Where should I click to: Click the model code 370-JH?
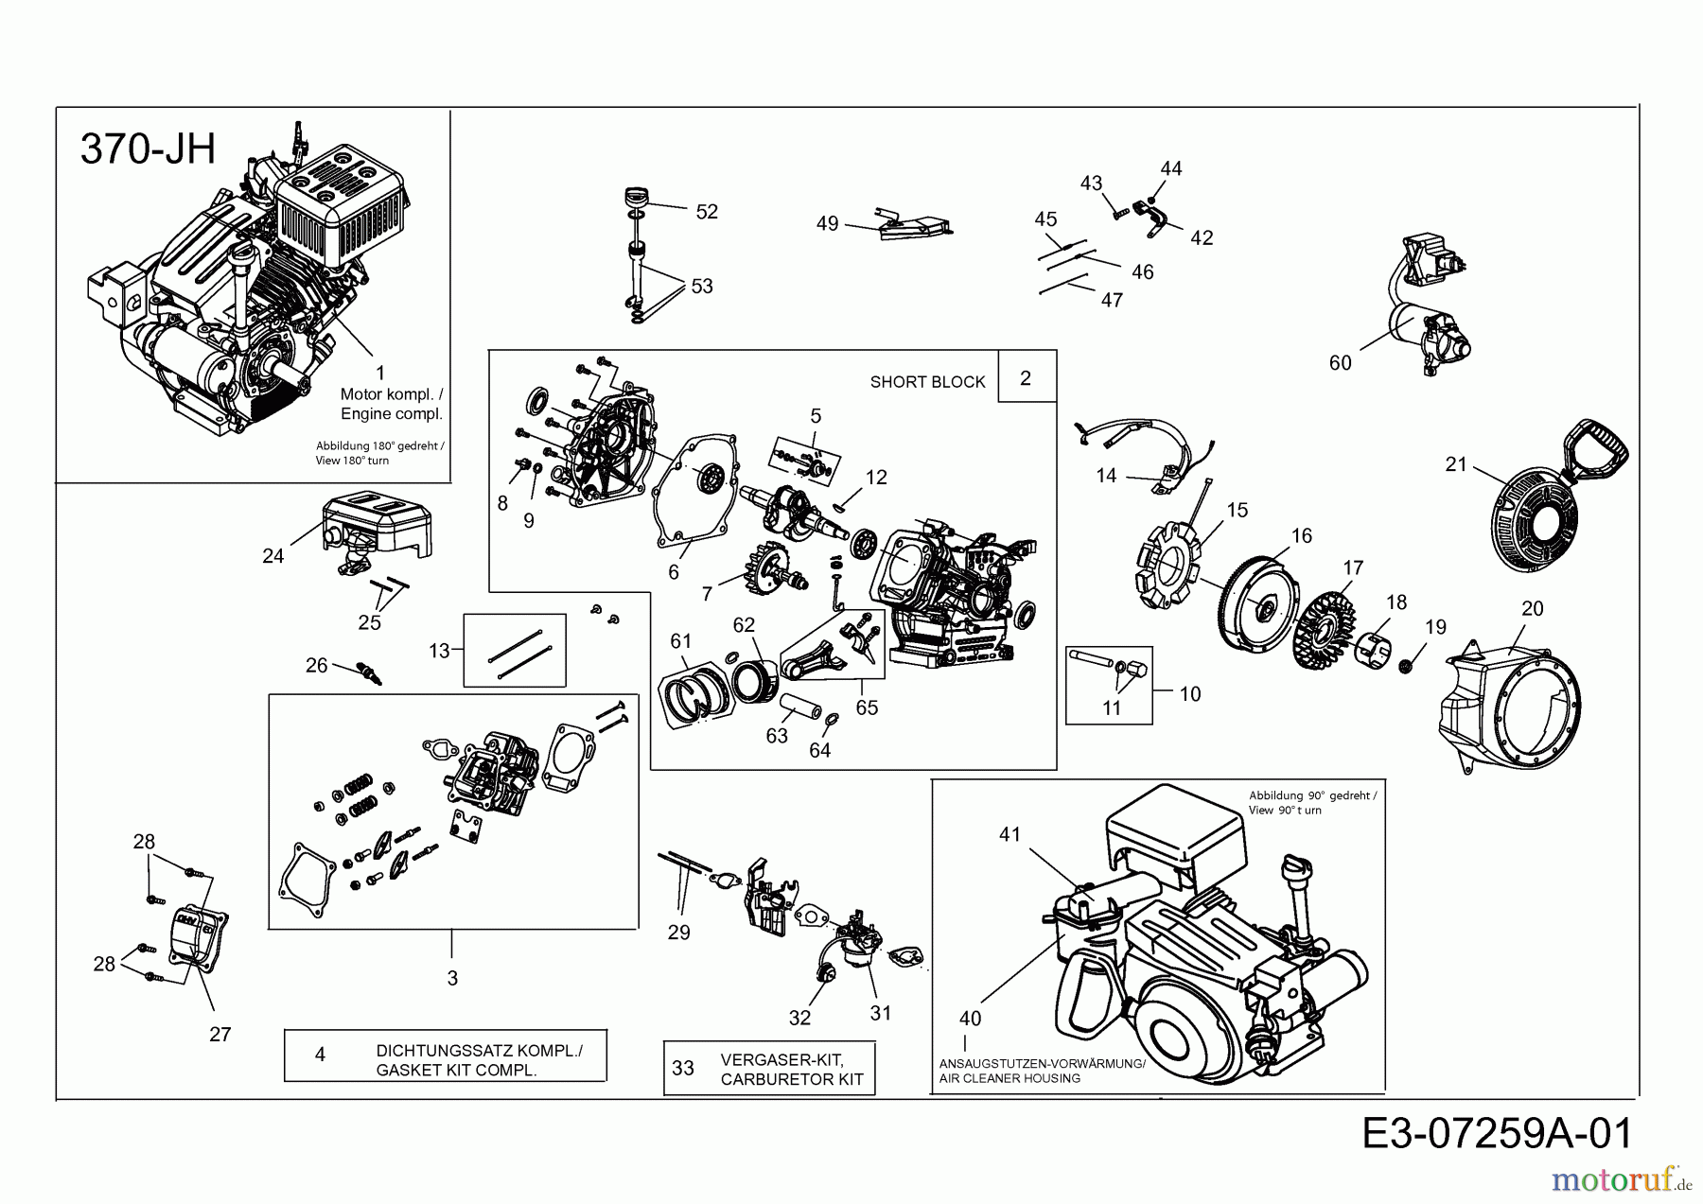pyautogui.click(x=149, y=149)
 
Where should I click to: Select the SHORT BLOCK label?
pyautogui.click(x=926, y=382)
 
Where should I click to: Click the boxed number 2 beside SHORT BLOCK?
pyautogui.click(x=1026, y=377)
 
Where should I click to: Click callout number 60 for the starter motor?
pyautogui.click(x=1340, y=363)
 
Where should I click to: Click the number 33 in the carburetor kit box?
pyautogui.click(x=683, y=1068)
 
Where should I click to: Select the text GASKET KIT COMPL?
pyautogui.click(x=456, y=1071)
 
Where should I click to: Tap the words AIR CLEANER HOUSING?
pyautogui.click(x=1010, y=1078)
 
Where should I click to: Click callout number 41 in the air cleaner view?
pyautogui.click(x=1010, y=834)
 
